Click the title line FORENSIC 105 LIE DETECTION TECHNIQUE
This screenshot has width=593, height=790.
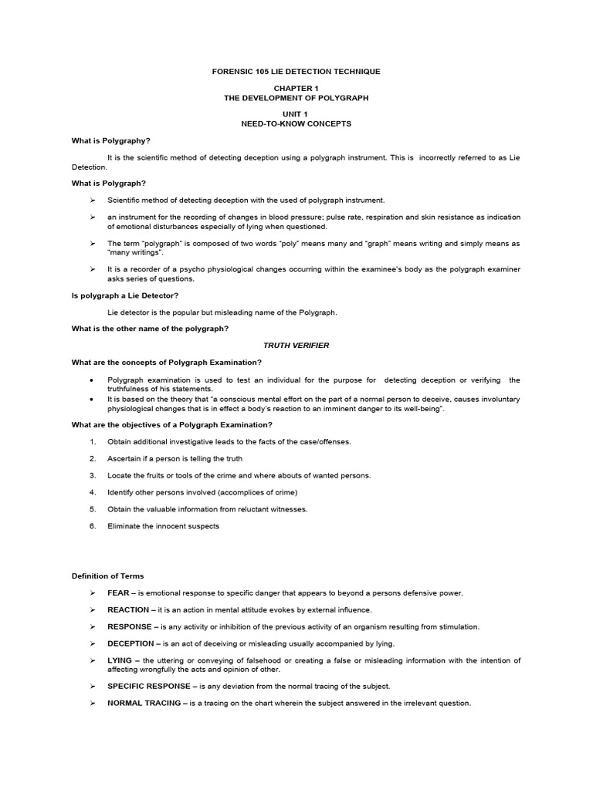[x=296, y=71]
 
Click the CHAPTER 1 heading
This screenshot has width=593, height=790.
[x=296, y=89]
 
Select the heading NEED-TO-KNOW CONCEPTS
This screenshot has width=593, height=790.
[x=296, y=123]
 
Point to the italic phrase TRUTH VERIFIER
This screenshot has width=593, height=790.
[x=296, y=346]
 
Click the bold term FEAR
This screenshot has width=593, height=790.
[x=118, y=592]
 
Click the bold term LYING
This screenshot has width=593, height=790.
[x=120, y=660]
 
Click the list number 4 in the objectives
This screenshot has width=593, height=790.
[x=93, y=492]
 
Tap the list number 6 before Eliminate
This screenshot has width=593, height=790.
[x=93, y=526]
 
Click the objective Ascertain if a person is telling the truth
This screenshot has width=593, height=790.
[x=175, y=458]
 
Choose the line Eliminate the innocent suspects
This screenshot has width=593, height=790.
[x=164, y=526]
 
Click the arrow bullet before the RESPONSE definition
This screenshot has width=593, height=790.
[x=92, y=626]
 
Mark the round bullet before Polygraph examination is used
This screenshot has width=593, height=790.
[x=92, y=380]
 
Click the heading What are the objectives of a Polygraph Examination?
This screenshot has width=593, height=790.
[x=172, y=424]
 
